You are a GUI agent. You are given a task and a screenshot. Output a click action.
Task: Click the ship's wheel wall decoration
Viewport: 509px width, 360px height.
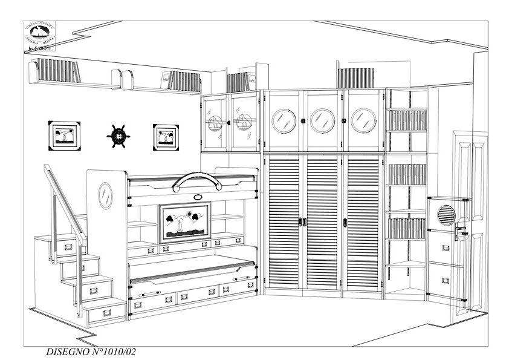118,136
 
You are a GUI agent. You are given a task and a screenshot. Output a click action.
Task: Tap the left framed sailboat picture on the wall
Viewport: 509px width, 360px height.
65,134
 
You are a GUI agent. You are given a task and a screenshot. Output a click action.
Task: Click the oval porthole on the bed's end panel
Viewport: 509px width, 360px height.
105,195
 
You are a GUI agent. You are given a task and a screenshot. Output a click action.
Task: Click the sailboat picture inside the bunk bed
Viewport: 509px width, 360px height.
184,222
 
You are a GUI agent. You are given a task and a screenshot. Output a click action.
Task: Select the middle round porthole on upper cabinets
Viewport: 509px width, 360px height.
323,120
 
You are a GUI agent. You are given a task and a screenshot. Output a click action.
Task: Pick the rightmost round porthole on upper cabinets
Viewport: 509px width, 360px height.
363,120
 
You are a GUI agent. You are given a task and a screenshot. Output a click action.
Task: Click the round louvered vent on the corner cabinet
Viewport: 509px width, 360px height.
446,214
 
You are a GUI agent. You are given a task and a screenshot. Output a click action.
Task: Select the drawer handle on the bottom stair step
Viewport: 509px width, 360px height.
108,313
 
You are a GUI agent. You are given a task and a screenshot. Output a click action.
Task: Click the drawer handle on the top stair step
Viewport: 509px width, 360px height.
68,246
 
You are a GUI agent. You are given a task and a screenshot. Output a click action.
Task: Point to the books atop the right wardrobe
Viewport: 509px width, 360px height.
353,77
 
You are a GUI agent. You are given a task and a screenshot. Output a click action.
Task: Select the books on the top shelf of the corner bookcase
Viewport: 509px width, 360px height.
407,120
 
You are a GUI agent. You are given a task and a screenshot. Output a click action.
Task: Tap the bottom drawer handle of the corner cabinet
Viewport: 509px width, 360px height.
446,281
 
